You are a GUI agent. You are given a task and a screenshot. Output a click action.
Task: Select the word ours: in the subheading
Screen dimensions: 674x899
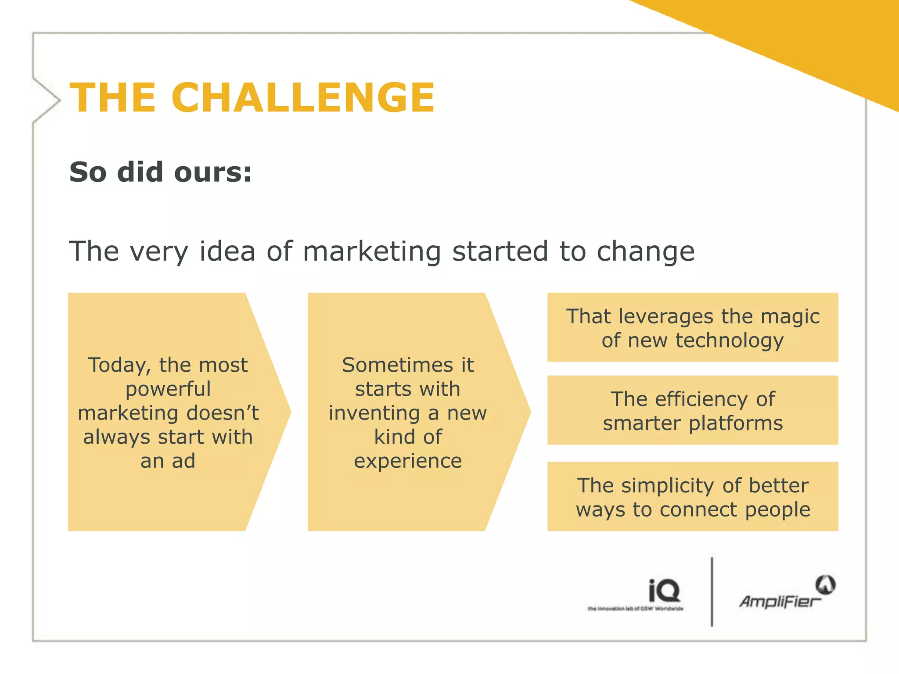coord(213,172)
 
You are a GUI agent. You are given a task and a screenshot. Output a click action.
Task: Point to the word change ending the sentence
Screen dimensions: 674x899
coord(645,251)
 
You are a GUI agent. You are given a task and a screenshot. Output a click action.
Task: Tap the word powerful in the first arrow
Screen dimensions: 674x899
coord(168,389)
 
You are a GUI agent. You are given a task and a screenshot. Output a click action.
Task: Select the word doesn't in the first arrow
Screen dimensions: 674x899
coord(223,413)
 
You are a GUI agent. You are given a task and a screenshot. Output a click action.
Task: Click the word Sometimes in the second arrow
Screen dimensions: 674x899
coord(397,365)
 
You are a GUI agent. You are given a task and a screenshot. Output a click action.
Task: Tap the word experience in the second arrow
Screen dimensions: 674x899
coord(408,461)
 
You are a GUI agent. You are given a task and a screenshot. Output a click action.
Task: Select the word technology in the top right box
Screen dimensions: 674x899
coord(729,341)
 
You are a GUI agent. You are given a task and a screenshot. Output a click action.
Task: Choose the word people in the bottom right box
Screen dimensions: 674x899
coord(777,510)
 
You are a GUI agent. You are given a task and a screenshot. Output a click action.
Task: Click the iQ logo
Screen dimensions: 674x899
coord(664,591)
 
